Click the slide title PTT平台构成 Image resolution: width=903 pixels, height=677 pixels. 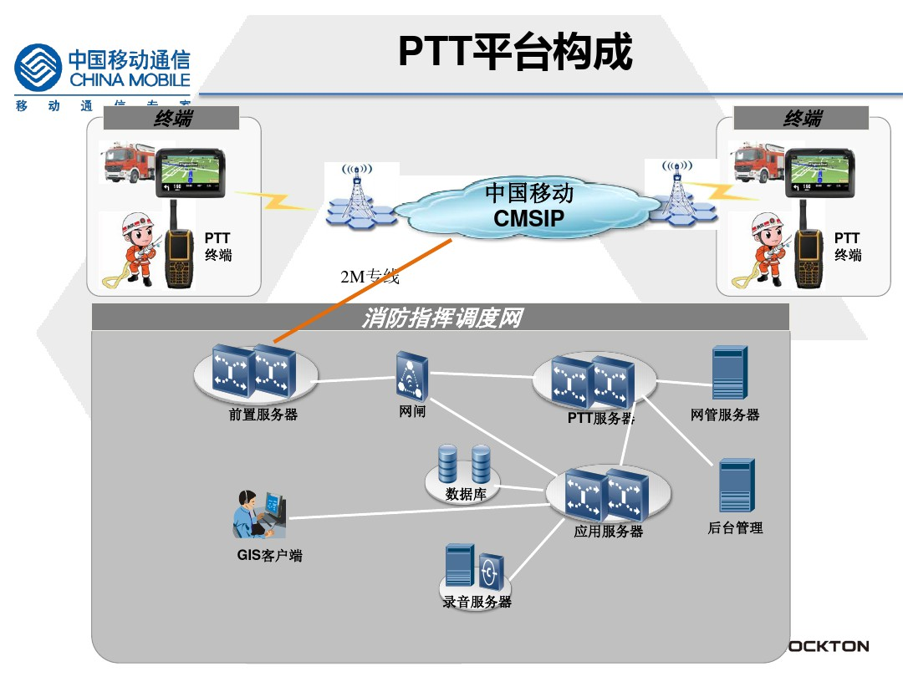515,52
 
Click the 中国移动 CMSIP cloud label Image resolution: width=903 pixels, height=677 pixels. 529,206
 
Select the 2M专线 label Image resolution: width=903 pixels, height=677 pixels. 370,277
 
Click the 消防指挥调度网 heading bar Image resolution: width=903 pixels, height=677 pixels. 441,318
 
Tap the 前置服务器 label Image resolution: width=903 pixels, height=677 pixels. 263,415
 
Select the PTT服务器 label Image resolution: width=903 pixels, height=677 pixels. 601,418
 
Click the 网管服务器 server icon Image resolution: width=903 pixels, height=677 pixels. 729,373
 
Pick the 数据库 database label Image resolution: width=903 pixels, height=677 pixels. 467,494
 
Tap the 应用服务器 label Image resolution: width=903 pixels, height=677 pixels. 609,532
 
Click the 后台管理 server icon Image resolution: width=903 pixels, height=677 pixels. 737,486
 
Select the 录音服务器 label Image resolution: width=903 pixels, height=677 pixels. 477,602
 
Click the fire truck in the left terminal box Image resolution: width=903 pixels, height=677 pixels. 126,164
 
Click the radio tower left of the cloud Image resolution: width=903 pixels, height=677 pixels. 358,195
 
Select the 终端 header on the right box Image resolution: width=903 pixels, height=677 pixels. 803,119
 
